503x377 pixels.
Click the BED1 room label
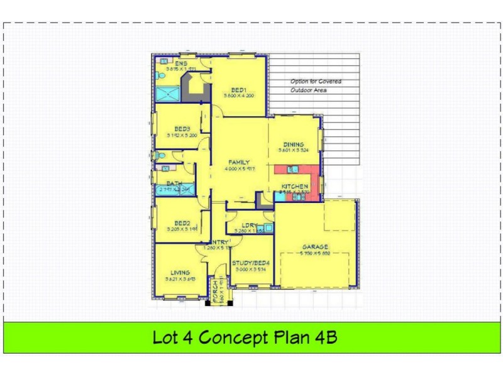[x=238, y=89]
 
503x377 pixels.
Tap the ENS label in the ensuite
[x=180, y=63]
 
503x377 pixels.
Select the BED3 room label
[x=182, y=128]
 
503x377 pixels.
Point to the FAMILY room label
[x=239, y=162]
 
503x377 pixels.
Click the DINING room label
[x=293, y=144]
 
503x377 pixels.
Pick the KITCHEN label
[x=294, y=187]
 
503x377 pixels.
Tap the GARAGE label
[x=314, y=247]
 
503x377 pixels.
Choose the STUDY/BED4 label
[x=250, y=263]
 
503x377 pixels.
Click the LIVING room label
[x=180, y=272]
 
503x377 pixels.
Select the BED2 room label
[x=182, y=223]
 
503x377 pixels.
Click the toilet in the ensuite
[x=161, y=77]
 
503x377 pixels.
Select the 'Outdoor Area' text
[x=308, y=90]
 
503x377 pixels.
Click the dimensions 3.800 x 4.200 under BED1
[x=238, y=96]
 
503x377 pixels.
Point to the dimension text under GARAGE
[x=314, y=253]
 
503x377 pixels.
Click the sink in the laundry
[x=268, y=228]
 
